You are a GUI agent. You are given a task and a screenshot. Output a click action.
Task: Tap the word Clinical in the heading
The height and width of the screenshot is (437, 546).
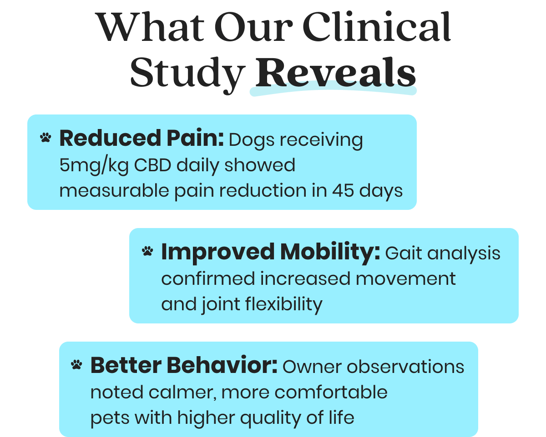(x=377, y=27)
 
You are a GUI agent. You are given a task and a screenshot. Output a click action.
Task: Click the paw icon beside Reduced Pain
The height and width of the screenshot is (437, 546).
(x=45, y=138)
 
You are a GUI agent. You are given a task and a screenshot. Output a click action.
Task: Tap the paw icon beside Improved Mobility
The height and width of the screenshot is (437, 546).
(x=147, y=251)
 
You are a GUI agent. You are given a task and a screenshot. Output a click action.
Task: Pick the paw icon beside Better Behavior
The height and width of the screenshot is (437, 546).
(x=77, y=365)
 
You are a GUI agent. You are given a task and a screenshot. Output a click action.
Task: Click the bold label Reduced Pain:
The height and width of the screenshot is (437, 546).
(x=142, y=139)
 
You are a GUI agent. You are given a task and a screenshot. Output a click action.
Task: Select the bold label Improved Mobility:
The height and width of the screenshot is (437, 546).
(x=270, y=252)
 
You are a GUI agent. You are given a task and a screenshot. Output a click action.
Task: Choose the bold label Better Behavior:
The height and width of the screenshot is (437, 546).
(x=184, y=366)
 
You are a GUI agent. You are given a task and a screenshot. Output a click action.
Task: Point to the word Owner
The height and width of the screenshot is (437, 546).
(x=309, y=366)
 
